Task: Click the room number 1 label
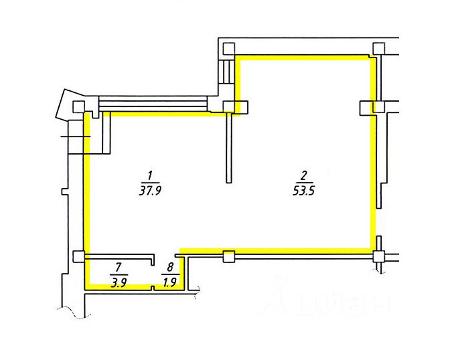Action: click(149, 175)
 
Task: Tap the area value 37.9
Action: click(150, 191)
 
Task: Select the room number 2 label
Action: click(304, 175)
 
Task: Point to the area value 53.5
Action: click(304, 191)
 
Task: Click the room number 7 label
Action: click(119, 268)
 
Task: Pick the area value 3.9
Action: click(119, 284)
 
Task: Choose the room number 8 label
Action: click(170, 268)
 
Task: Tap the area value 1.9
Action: click(169, 283)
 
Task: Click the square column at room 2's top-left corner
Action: click(229, 49)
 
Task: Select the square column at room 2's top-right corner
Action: click(378, 49)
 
